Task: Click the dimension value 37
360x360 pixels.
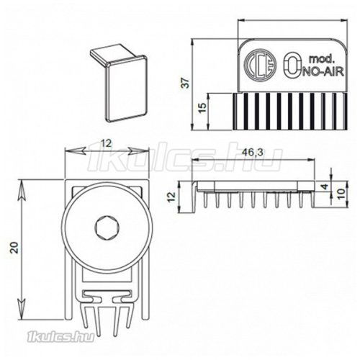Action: pyautogui.click(x=186, y=84)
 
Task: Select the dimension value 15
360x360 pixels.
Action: pyautogui.click(x=202, y=107)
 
